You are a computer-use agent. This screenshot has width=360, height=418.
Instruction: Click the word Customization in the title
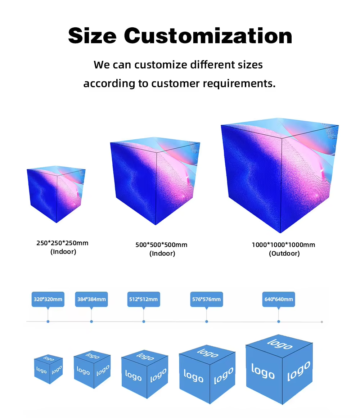[208, 36]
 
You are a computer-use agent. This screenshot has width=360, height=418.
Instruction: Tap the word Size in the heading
[92, 36]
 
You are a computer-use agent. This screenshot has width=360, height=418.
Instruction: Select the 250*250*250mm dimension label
[62, 243]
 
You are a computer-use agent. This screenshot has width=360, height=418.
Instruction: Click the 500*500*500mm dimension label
[162, 245]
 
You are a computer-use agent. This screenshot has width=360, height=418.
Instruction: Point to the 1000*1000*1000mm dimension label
[284, 245]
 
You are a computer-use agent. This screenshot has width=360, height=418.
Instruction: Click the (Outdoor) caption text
[284, 253]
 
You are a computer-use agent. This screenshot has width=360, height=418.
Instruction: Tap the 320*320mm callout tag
[48, 300]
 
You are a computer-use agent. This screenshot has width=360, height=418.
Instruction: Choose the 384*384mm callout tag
[91, 300]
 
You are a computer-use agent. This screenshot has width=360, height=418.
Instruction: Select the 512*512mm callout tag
[144, 300]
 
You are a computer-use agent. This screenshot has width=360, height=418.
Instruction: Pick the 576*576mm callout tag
[207, 300]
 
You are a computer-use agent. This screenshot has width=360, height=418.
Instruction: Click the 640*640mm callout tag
[279, 300]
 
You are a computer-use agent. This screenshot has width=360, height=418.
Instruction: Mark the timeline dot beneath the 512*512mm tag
[144, 322]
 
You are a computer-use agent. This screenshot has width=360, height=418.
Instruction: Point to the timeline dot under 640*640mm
[279, 322]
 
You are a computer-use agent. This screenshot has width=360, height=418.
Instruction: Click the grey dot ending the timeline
[322, 322]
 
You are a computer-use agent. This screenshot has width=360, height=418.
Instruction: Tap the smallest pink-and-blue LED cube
[56, 194]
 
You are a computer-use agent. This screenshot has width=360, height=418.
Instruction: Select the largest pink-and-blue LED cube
[280, 175]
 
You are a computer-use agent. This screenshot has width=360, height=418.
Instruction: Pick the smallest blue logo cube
[49, 369]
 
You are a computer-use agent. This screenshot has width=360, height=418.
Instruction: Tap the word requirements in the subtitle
[239, 84]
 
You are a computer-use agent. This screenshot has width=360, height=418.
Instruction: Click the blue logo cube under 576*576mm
[207, 374]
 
